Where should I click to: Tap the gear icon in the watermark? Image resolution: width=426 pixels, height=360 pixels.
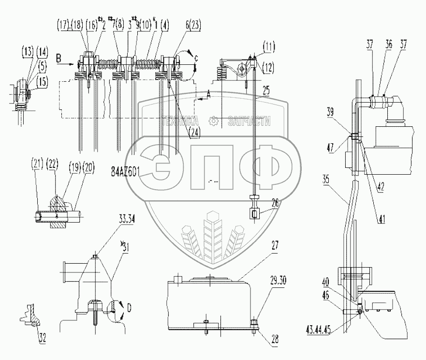(x=212, y=121)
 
